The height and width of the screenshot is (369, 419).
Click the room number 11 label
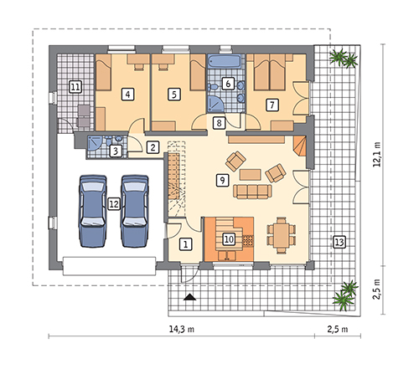pos(75,87)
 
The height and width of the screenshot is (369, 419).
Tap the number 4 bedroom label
pos(127,95)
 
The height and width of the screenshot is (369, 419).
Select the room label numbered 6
pos(228,84)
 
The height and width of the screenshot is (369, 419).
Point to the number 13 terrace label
pos(339,242)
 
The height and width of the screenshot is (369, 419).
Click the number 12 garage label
pos(114,204)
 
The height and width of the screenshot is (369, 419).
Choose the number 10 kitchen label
pos(229,239)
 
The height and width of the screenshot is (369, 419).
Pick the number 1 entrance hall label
pos(186,244)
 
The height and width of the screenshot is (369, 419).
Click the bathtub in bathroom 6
pos(225,62)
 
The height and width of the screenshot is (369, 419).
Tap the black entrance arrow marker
pos(190,297)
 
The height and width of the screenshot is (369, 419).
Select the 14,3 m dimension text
pos(182,329)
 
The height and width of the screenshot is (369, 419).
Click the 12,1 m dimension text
pos(377,155)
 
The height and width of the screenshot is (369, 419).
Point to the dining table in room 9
pos(282,235)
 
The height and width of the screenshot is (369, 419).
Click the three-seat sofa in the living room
pos(252,192)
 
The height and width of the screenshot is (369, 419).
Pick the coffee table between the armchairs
pos(251,174)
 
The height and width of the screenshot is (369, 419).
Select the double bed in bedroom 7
pos(270,72)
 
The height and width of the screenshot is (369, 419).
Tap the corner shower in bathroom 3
pos(94,143)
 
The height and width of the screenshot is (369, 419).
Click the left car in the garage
pos(93,211)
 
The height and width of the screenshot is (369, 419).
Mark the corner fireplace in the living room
pos(300,146)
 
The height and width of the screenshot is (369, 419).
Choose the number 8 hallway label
pos(219,123)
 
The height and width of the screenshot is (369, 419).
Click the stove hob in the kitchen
pos(248,241)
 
